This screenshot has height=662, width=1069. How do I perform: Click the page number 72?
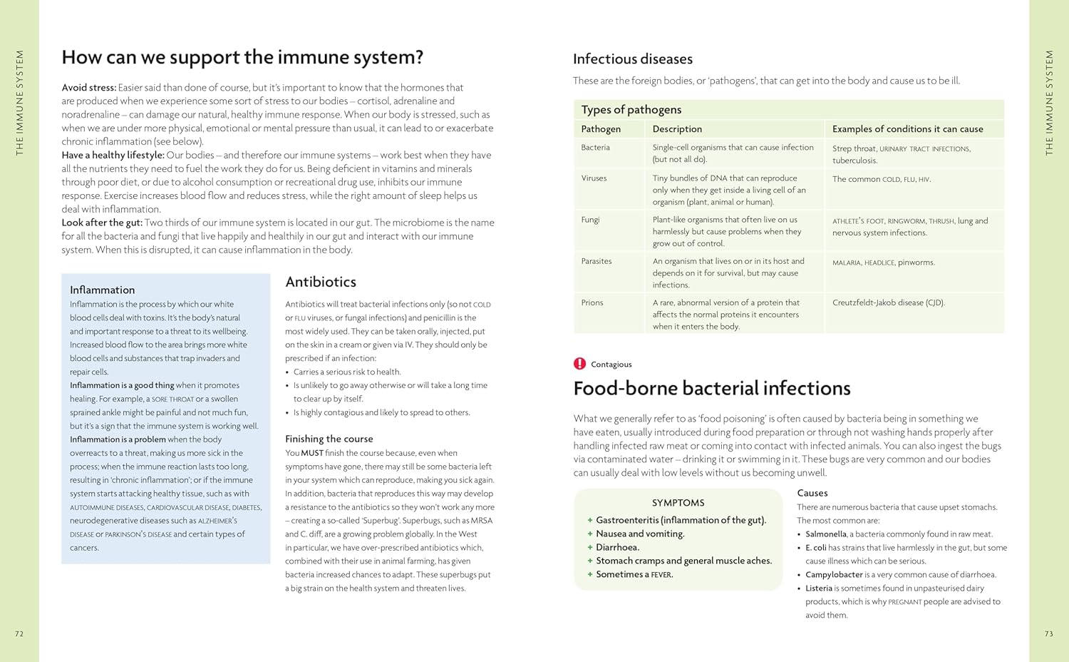click(19, 633)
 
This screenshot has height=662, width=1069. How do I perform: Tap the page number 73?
click(1048, 633)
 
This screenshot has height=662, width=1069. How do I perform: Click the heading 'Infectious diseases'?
click(632, 59)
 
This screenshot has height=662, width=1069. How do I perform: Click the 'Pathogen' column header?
click(601, 129)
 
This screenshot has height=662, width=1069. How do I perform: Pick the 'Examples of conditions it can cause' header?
click(907, 129)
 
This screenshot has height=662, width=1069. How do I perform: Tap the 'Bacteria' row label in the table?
click(595, 148)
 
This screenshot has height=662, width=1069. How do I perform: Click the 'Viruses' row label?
click(594, 178)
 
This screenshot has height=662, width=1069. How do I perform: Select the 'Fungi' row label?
click(590, 220)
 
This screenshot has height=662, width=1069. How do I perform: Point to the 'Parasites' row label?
click(597, 261)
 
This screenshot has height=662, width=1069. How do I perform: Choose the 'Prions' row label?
click(592, 302)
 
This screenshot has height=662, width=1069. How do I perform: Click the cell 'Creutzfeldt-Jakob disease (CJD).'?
click(888, 302)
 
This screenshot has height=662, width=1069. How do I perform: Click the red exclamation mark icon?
click(579, 364)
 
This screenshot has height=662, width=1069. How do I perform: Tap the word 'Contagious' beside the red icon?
click(611, 365)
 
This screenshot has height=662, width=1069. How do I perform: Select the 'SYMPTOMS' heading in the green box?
click(678, 503)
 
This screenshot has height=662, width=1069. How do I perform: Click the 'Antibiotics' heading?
click(321, 282)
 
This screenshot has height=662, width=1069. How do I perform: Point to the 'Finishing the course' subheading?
click(329, 439)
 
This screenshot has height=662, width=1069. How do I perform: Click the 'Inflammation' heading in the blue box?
click(102, 290)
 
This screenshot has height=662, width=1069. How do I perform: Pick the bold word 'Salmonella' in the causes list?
click(826, 534)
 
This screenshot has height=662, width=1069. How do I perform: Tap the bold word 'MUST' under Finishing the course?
click(312, 453)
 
